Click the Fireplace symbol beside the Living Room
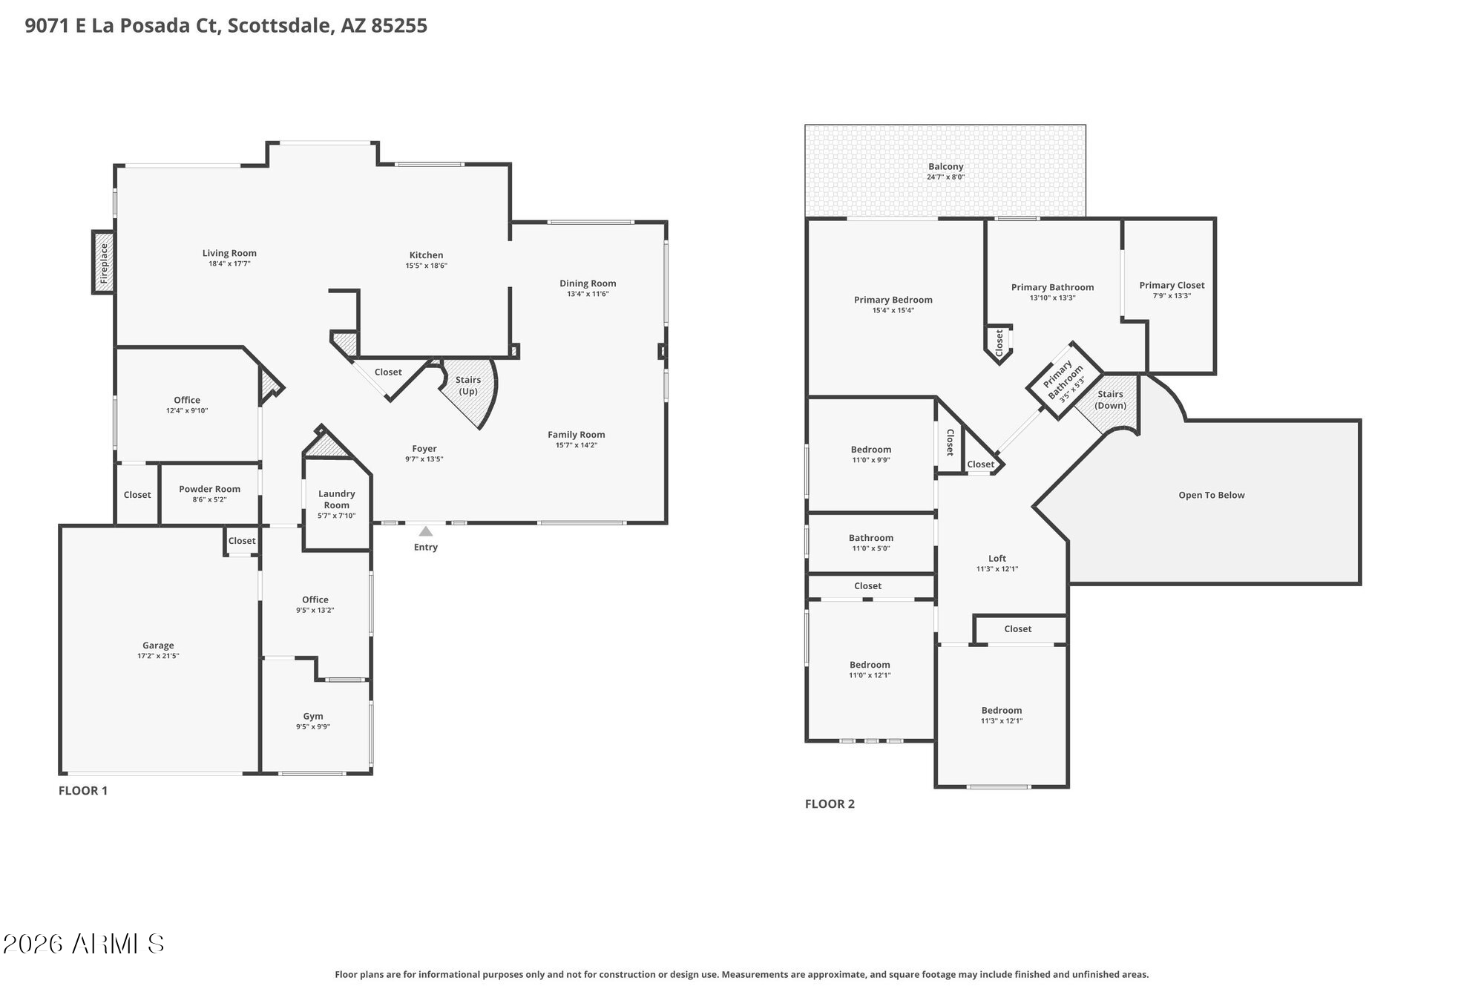coord(104,262)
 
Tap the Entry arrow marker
coord(425,532)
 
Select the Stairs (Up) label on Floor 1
coord(467,385)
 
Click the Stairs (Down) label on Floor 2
coord(1110,399)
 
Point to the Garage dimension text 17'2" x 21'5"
coord(158,656)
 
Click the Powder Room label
coord(209,489)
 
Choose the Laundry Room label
coord(336,499)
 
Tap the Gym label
coord(312,716)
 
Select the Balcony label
coord(945,166)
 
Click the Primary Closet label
coord(1172,285)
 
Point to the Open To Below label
coord(1211,495)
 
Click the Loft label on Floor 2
coord(997,558)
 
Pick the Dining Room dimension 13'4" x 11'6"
coord(588,294)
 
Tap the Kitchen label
coord(426,254)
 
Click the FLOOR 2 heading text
coord(830,804)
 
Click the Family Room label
coord(576,435)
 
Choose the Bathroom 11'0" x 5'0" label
coord(870,538)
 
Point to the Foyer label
coord(424,448)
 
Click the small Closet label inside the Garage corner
coord(241,541)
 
